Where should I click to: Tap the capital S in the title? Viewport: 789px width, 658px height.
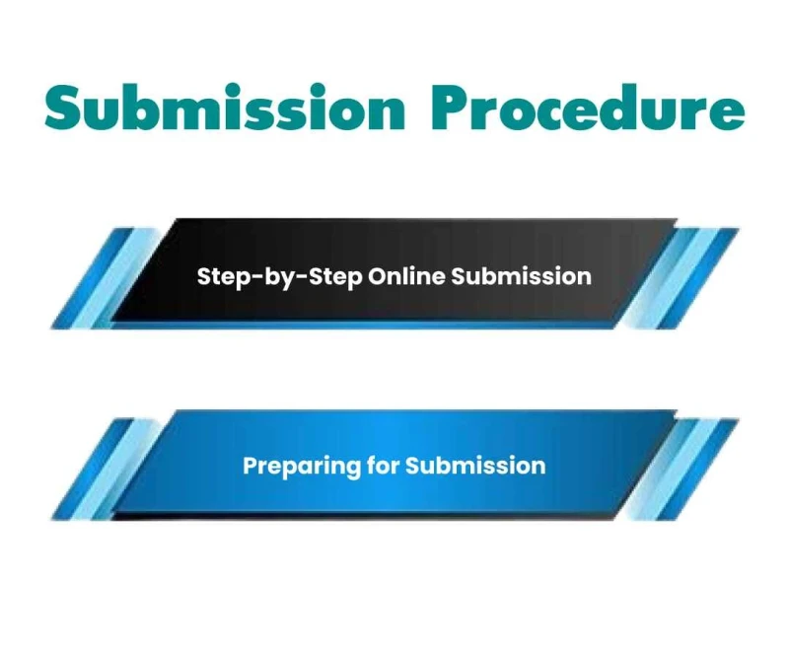(x=64, y=109)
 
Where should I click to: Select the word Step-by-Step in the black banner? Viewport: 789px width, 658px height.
(x=279, y=276)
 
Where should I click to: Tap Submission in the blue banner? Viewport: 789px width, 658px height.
(x=474, y=465)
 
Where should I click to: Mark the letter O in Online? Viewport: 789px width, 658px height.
(x=377, y=275)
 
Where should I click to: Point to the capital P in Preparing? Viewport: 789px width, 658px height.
(x=250, y=465)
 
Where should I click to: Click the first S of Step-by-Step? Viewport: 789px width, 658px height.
(x=203, y=275)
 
